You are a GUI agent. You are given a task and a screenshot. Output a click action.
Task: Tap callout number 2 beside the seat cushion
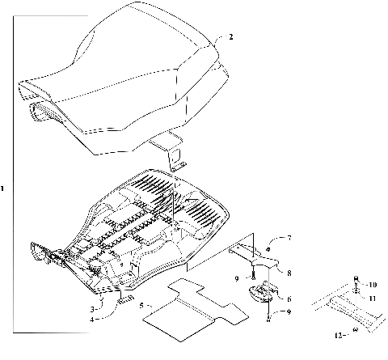[x=231, y=37]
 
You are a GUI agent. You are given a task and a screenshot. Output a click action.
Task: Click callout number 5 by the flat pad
[x=141, y=305]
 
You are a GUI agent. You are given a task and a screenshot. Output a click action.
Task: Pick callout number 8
[x=289, y=273]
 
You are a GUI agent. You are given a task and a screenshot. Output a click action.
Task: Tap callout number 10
[x=373, y=285]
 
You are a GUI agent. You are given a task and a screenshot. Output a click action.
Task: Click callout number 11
[x=373, y=299]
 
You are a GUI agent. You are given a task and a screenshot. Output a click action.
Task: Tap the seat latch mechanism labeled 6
[x=267, y=294]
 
